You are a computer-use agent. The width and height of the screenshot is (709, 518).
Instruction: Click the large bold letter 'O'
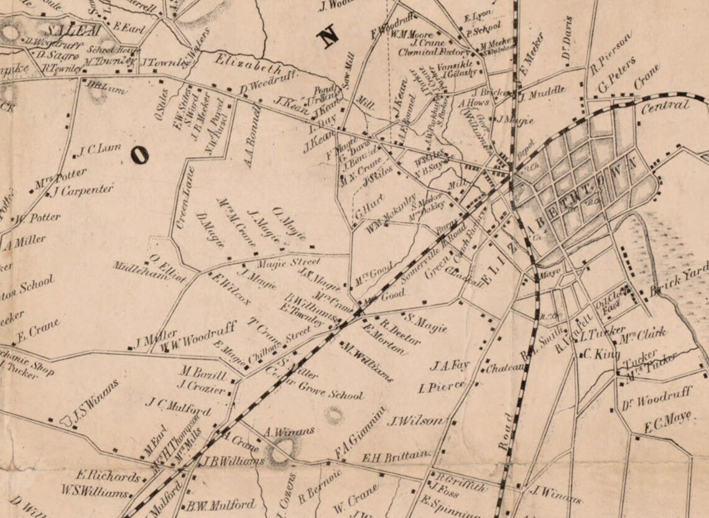tap(140, 155)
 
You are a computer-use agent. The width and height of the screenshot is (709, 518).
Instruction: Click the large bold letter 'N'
tap(327, 37)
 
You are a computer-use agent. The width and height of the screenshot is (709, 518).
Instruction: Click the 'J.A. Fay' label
tap(450, 364)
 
